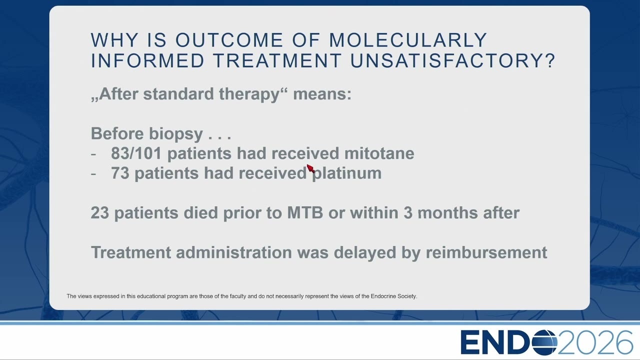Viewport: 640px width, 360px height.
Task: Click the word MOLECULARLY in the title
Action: click(x=408, y=40)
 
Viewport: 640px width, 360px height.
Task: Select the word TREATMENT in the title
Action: click(x=277, y=60)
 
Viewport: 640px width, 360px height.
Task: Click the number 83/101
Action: click(x=136, y=153)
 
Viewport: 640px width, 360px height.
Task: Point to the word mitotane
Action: click(x=379, y=153)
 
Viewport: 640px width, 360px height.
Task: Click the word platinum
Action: click(x=347, y=173)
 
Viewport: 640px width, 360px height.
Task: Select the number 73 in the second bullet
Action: click(x=120, y=173)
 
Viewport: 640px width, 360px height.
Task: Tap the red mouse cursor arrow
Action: click(x=310, y=168)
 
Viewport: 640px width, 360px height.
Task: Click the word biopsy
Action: click(x=175, y=134)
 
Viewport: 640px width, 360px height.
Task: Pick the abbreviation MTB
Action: click(x=305, y=213)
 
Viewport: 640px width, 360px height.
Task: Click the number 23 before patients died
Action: click(x=100, y=213)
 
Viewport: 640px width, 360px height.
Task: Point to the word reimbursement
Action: click(x=486, y=252)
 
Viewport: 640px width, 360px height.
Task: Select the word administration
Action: click(x=234, y=252)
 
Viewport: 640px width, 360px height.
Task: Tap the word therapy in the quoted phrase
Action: click(x=249, y=94)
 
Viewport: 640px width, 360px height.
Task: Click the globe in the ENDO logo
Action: click(x=544, y=342)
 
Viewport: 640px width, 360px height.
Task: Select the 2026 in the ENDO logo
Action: click(x=595, y=342)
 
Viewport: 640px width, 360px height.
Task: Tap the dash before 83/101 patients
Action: click(x=93, y=154)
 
